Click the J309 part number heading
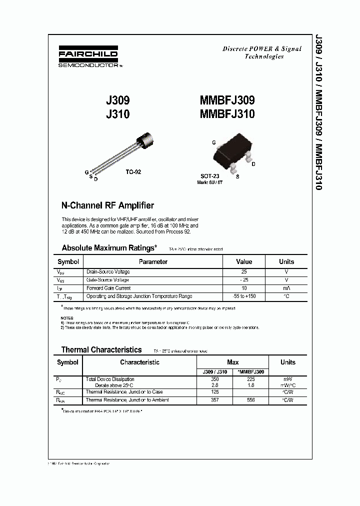pyautogui.click(x=117, y=100)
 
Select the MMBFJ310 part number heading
pyautogui.click(x=227, y=114)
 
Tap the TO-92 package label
pyautogui.click(x=133, y=171)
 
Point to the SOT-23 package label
pyautogui.click(x=210, y=176)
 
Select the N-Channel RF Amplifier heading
pyautogui.click(x=107, y=205)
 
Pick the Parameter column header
pyautogui.click(x=153, y=261)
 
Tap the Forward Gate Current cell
pyautogui.click(x=108, y=288)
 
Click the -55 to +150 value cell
pyautogui.click(x=244, y=296)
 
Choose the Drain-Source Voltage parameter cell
pyautogui.click(x=108, y=272)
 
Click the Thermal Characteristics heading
pyautogui.click(x=101, y=349)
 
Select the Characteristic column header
pyautogui.click(x=139, y=362)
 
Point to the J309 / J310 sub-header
pyautogui.click(x=215, y=372)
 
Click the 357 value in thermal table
pyautogui.click(x=215, y=400)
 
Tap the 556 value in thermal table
pyautogui.click(x=250, y=400)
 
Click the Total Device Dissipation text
pyautogui.click(x=111, y=379)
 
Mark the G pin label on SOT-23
pyautogui.click(x=213, y=143)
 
